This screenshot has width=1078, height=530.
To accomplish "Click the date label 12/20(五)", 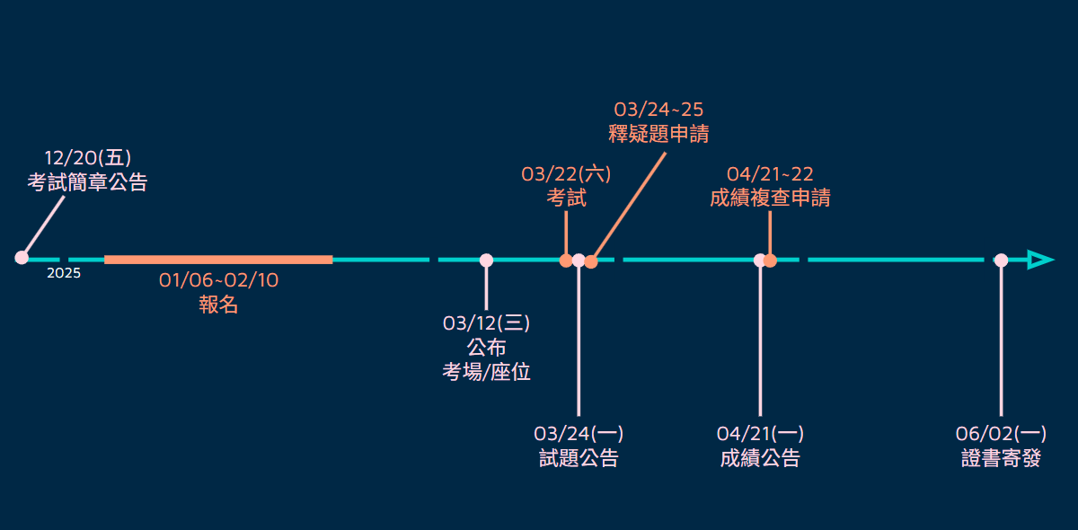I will (x=88, y=158).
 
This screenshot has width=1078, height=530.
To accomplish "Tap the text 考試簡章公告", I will (x=87, y=182).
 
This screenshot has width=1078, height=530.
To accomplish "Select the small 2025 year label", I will (x=64, y=273).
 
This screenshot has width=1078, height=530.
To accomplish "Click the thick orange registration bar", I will (x=218, y=260).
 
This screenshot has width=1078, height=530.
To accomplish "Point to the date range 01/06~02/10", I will (x=218, y=280).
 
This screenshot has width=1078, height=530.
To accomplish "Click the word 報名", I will (x=218, y=305).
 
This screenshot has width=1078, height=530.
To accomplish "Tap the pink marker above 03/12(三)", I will (x=486, y=261).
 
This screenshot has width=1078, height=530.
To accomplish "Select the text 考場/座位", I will (x=486, y=372).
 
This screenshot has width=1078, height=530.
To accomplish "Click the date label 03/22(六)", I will (x=566, y=174).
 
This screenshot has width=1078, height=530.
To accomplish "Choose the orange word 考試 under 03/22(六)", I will (x=566, y=199).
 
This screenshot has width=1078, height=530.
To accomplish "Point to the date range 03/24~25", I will (x=658, y=110).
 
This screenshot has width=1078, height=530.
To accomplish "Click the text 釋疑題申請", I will (x=658, y=135).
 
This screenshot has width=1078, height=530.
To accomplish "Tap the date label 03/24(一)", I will (x=579, y=434).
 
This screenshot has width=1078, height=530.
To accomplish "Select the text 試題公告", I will (x=579, y=458).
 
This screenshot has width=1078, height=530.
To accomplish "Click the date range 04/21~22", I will (x=770, y=174).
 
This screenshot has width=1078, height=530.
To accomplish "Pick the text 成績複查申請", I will (x=770, y=199).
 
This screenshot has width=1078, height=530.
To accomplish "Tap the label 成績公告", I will (x=760, y=458).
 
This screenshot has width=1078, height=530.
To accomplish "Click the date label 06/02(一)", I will (x=1001, y=434).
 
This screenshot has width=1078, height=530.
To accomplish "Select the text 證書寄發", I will (x=1001, y=458).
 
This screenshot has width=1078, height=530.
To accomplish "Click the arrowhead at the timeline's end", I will (x=1039, y=260).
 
